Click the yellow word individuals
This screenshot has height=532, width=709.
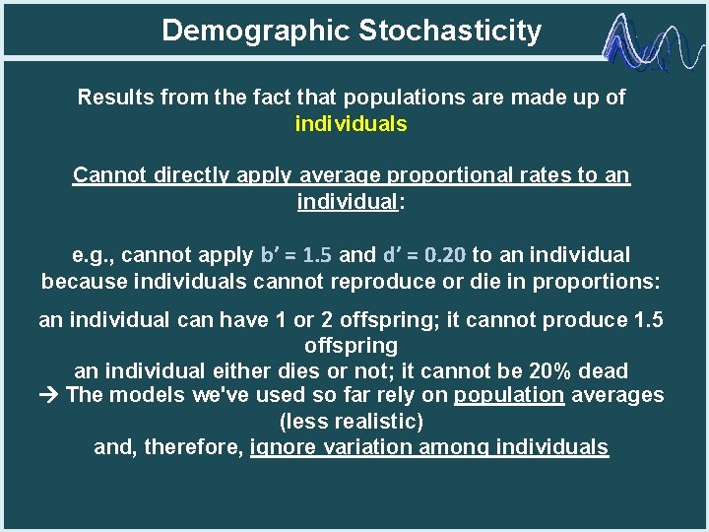click(351, 124)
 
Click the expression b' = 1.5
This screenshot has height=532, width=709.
click(295, 255)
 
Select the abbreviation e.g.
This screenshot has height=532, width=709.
click(95, 255)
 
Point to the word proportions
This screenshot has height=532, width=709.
click(598, 281)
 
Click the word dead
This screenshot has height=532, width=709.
click(604, 370)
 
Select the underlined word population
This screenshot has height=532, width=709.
click(509, 396)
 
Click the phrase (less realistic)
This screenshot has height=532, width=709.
click(352, 422)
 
